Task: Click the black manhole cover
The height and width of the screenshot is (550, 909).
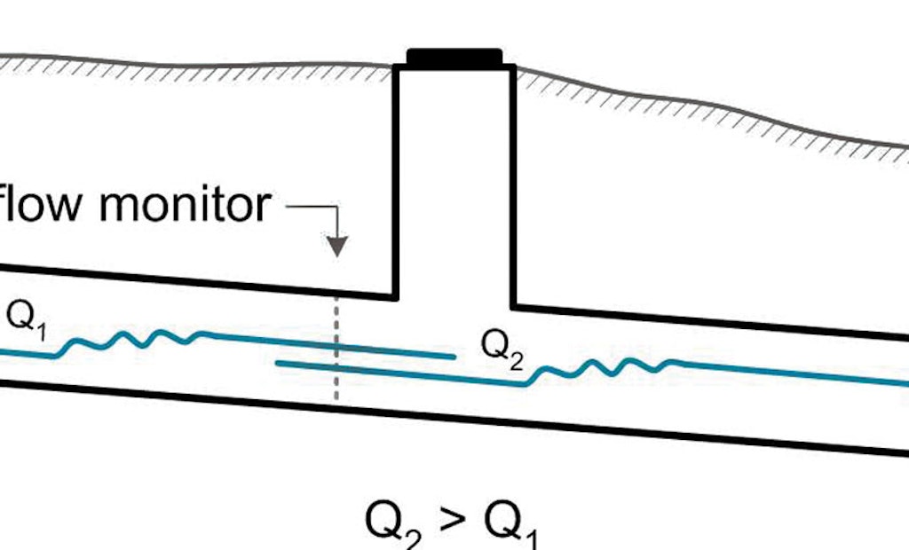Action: pyautogui.click(x=454, y=59)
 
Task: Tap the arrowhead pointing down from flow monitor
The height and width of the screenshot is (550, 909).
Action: pyautogui.click(x=336, y=247)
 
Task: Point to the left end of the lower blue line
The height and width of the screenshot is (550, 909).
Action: pyautogui.click(x=280, y=362)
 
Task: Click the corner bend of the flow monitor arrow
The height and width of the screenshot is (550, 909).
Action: pyautogui.click(x=336, y=206)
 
